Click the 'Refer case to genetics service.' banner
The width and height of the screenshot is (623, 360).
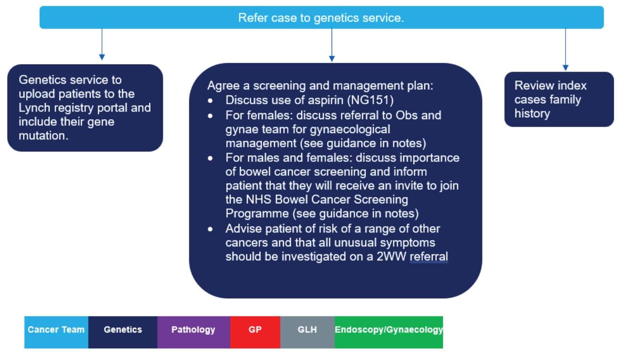(x=321, y=18)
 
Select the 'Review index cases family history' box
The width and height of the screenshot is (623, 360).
(x=558, y=99)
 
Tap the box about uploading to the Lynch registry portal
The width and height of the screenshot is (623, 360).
(x=85, y=108)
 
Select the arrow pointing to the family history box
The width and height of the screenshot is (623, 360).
(x=565, y=50)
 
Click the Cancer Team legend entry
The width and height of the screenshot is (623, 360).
(x=56, y=330)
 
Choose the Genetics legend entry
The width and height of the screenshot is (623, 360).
(x=123, y=330)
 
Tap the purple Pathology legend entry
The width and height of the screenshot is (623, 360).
(x=193, y=330)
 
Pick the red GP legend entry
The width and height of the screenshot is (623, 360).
(x=255, y=330)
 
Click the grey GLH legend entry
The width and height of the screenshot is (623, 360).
(x=307, y=330)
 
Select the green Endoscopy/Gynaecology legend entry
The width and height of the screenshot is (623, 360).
(x=389, y=330)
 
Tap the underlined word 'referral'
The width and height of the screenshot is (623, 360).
(x=429, y=257)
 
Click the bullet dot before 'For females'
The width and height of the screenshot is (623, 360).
(x=212, y=115)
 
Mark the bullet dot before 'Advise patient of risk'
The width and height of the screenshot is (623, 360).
(x=212, y=230)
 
